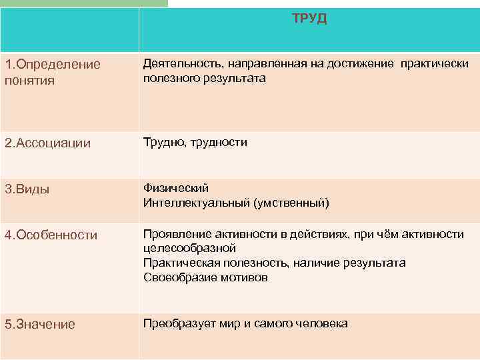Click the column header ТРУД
click(x=309, y=19)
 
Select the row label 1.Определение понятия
click(x=53, y=72)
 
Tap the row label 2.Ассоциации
click(x=47, y=143)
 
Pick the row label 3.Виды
click(x=27, y=189)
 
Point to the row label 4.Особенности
click(x=51, y=235)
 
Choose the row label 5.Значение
click(x=39, y=325)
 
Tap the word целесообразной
click(x=190, y=249)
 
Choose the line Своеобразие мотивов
click(x=205, y=278)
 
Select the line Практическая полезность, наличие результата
click(x=274, y=263)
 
